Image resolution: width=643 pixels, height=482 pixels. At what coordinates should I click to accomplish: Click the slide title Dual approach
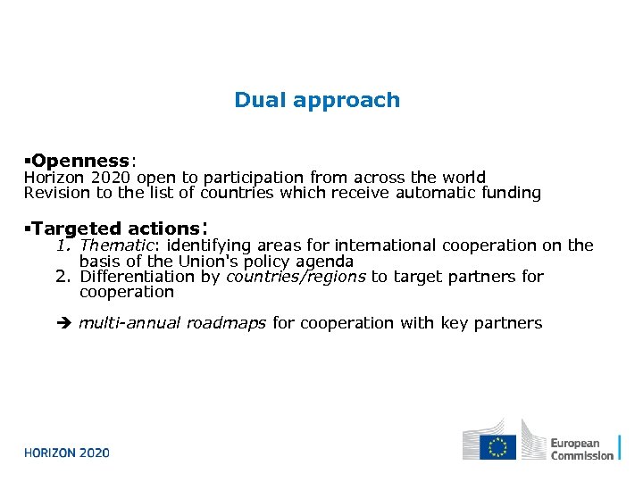click(x=317, y=100)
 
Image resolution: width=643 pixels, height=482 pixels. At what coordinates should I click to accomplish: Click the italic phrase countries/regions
click(x=296, y=277)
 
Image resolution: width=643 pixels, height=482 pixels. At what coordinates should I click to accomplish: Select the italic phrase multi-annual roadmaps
click(x=172, y=323)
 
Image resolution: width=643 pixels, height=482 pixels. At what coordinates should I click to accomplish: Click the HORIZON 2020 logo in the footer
click(x=67, y=453)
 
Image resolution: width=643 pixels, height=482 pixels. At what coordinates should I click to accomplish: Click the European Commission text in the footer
click(x=581, y=449)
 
